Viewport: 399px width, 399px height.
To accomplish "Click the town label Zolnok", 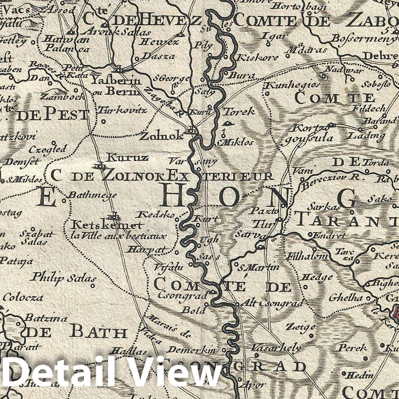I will (162, 136).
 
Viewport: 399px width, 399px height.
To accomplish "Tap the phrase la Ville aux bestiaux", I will (119, 236).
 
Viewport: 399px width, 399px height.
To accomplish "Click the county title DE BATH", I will (76, 332).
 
